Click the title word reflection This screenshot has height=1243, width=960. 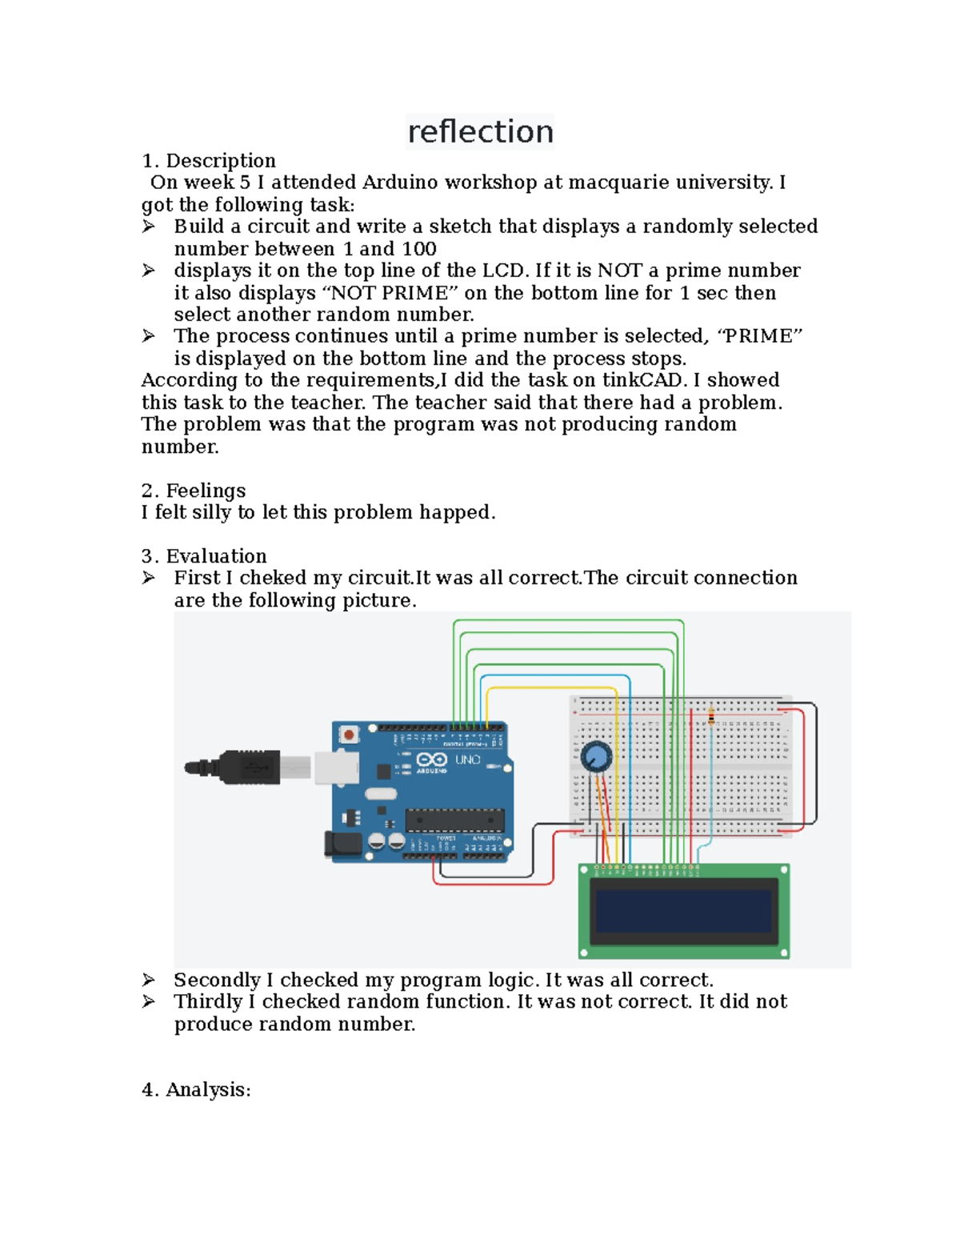point(480,131)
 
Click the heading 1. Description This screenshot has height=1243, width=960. point(209,161)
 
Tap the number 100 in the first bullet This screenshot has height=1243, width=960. point(419,249)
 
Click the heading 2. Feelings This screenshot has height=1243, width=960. point(194,491)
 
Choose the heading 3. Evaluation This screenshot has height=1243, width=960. point(204,556)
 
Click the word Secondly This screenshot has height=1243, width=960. point(217,980)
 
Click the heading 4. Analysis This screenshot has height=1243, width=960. point(196,1090)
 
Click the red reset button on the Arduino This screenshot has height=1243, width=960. point(349,734)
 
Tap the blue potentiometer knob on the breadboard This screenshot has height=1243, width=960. point(596,756)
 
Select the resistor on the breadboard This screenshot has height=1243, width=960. point(711,717)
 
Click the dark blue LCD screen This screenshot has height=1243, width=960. point(683,911)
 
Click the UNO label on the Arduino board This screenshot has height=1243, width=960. point(468,760)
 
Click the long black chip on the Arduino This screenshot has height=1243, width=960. point(454,820)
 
